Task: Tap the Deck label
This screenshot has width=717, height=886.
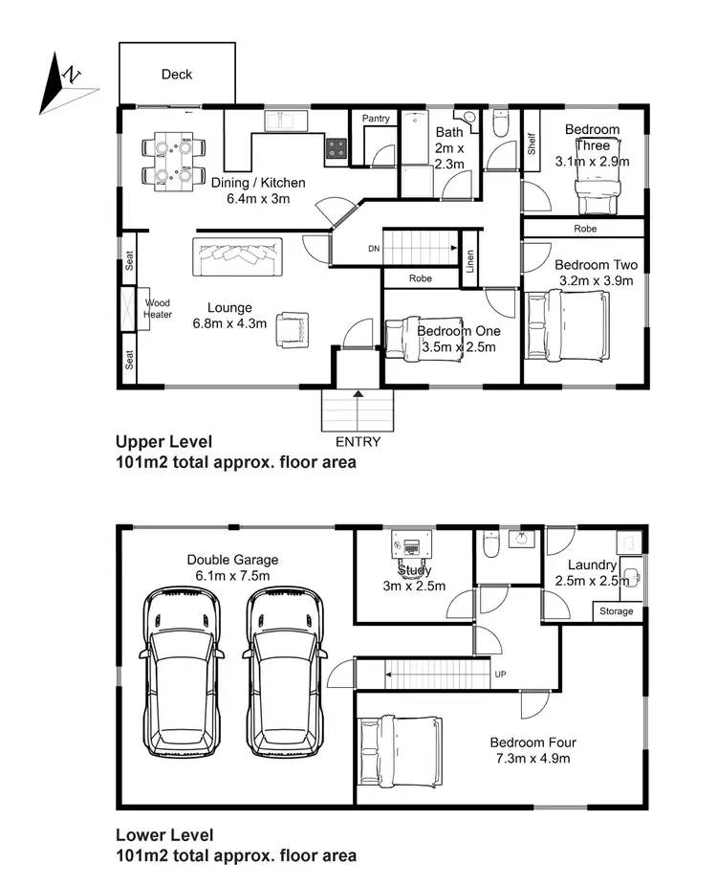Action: pyautogui.click(x=177, y=74)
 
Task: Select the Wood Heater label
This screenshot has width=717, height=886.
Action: pyautogui.click(x=157, y=308)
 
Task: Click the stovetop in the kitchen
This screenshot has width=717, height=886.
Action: pyautogui.click(x=336, y=148)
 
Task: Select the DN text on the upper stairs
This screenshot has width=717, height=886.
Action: pyautogui.click(x=373, y=249)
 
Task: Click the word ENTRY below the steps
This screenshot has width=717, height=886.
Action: pyautogui.click(x=358, y=442)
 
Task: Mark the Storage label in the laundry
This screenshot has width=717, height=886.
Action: pyautogui.click(x=616, y=611)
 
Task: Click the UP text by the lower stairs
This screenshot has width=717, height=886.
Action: pyautogui.click(x=500, y=675)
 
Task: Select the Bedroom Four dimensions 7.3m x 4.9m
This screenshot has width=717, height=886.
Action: pyautogui.click(x=532, y=759)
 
